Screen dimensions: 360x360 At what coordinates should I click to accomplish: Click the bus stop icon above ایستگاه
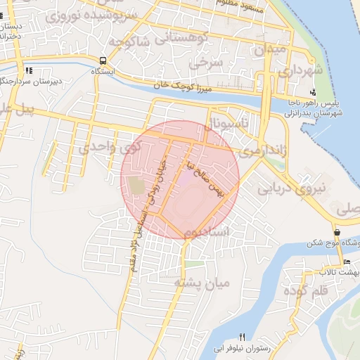[103, 60]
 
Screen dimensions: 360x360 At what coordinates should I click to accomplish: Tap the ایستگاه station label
[104, 71]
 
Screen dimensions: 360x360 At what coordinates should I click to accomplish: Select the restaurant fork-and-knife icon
[243, 337]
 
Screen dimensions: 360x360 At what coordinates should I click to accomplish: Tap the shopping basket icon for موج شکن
[337, 232]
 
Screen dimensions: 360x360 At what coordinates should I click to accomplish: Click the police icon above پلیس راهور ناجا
[314, 93]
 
